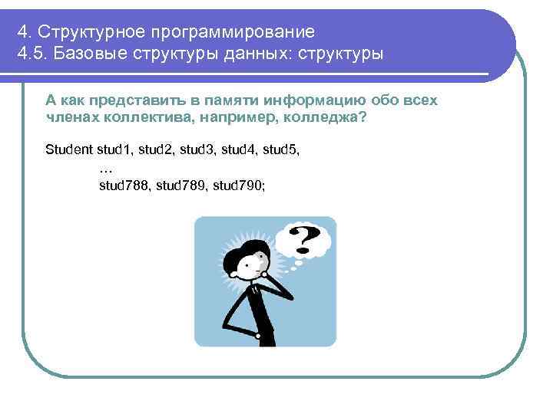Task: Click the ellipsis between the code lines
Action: pos(107,166)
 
